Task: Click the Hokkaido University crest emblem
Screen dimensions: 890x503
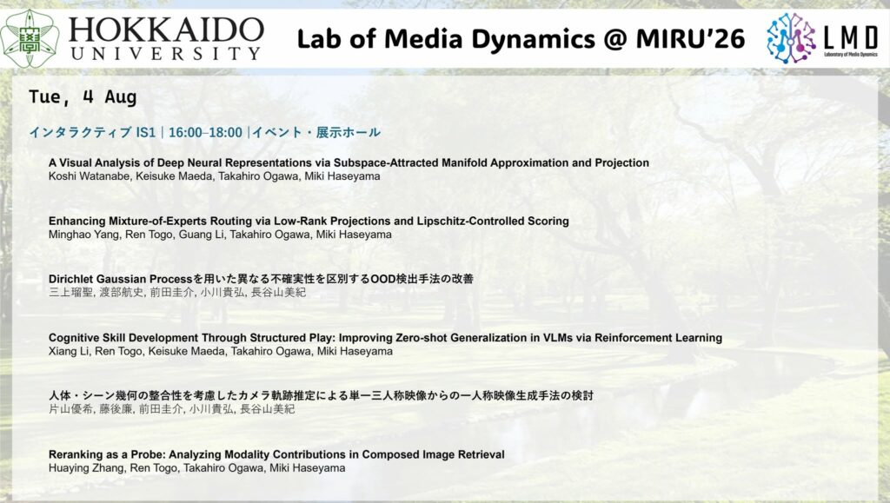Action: [x=30, y=38]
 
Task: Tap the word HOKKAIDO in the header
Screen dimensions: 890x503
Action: [x=166, y=30]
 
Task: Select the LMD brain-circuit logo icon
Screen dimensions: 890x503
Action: [x=791, y=38]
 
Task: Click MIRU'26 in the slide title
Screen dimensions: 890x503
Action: [x=690, y=39]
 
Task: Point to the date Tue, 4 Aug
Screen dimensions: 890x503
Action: [x=83, y=97]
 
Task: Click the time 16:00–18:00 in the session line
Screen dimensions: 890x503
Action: [x=205, y=133]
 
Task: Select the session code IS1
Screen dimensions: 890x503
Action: [x=146, y=133]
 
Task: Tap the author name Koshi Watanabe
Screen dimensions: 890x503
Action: [x=90, y=176]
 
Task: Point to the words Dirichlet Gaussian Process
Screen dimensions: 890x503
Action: [x=121, y=279]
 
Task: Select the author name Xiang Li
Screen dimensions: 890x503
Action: [x=70, y=352]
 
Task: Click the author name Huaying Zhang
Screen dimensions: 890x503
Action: [x=86, y=468]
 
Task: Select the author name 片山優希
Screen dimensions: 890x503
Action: [x=71, y=409]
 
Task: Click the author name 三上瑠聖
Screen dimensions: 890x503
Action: [x=71, y=293]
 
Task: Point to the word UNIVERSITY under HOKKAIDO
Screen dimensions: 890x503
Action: [x=166, y=54]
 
